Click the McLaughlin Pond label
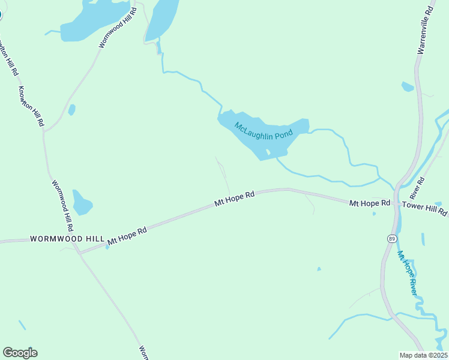[263, 131]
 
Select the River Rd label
[417, 188]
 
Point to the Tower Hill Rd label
[425, 208]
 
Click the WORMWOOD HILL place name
[67, 239]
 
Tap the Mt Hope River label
[408, 272]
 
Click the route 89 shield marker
[391, 238]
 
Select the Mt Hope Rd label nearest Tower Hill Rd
[370, 204]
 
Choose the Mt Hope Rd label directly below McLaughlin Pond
[235, 199]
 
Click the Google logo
[20, 353]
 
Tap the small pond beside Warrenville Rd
[408, 87]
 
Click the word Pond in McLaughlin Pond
[282, 136]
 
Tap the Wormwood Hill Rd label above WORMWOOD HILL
[63, 206]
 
